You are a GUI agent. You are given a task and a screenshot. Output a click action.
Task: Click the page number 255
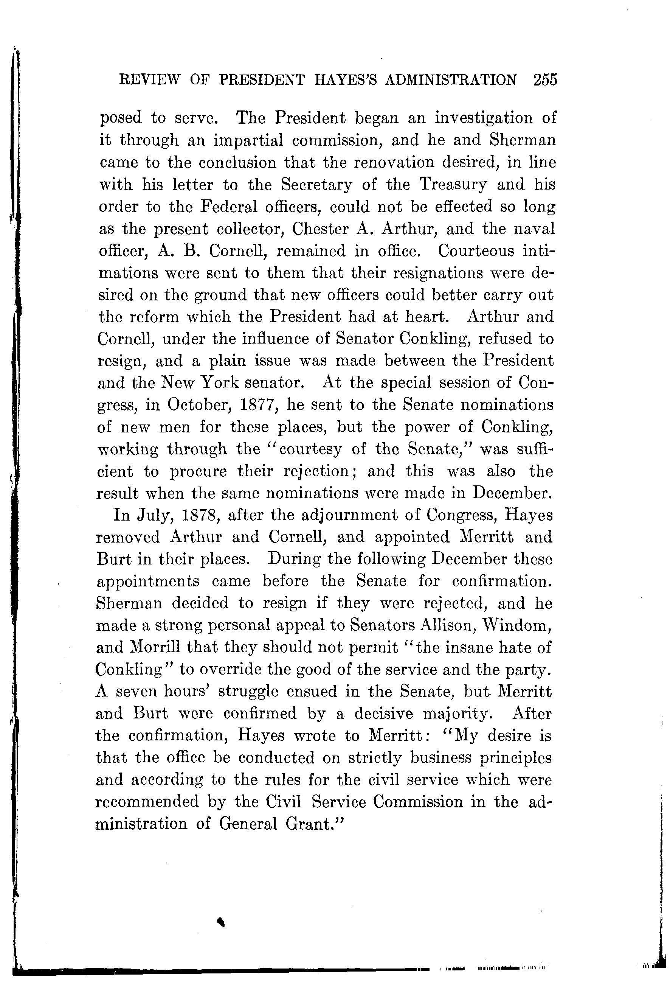[545, 80]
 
